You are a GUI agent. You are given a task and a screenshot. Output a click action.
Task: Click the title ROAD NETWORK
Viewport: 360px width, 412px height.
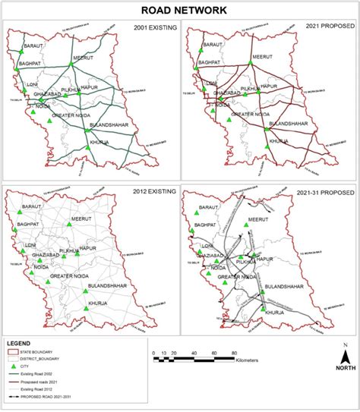180,10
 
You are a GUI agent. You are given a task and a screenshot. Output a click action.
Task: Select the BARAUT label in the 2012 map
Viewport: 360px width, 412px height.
33,207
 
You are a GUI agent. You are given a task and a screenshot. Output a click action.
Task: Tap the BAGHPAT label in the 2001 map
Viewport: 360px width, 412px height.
30,62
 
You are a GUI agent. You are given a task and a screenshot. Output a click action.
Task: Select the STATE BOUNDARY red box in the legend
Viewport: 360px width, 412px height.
16,352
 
